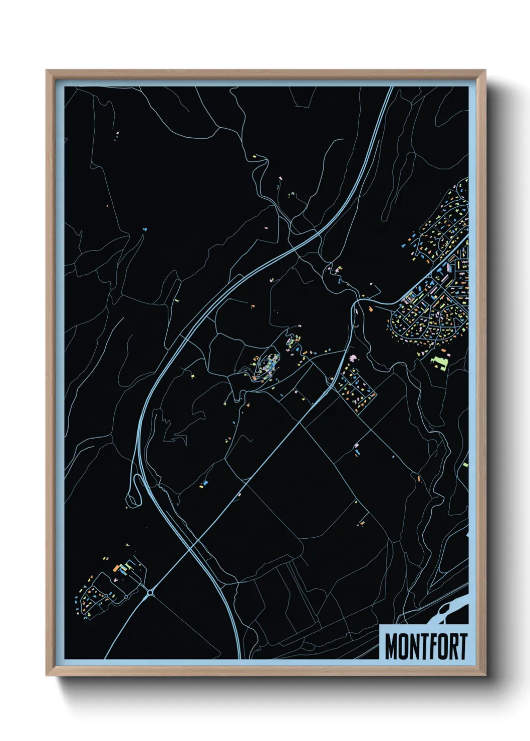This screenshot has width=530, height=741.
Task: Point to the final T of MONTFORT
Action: (x=463, y=646)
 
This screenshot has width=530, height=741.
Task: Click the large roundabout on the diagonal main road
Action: (x=150, y=593)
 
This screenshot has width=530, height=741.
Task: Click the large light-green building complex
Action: (x=439, y=360)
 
